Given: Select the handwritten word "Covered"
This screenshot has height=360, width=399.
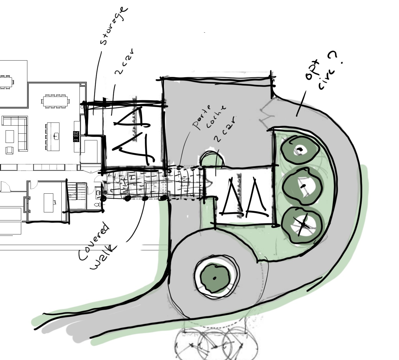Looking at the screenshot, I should click(93, 241).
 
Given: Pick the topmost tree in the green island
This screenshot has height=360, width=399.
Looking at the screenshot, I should click(300, 150).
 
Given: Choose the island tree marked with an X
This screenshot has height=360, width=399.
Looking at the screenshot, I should click(302, 224).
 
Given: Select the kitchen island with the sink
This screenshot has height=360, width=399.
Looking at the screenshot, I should click(53, 136).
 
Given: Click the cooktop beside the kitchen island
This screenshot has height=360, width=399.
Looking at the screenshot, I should click(76, 136).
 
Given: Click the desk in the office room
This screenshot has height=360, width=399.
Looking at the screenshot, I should click(49, 202).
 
